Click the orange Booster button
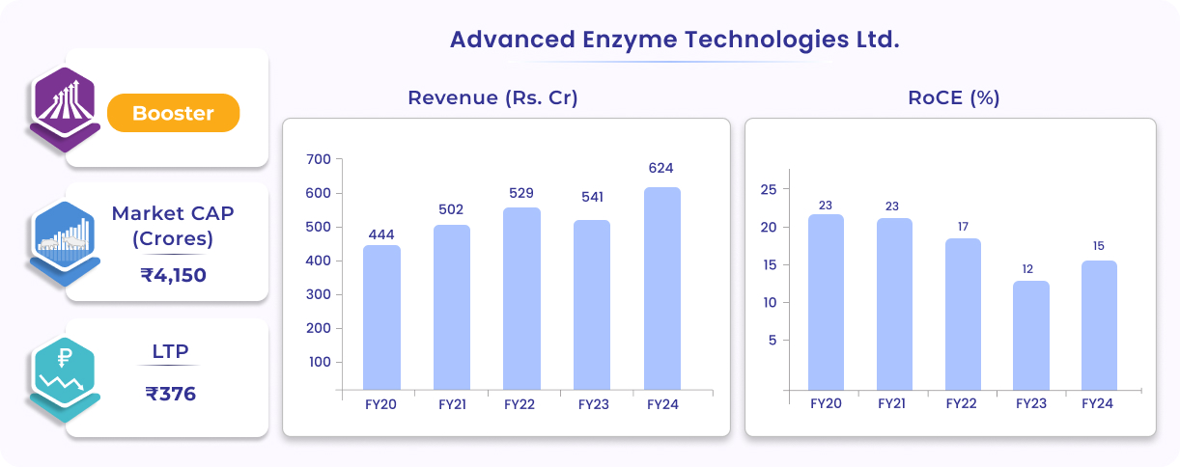tap(173, 113)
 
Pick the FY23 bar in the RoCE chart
tap(1030, 335)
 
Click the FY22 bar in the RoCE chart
tap(962, 314)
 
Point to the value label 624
tap(661, 169)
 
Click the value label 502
tap(451, 209)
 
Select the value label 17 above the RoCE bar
tap(962, 227)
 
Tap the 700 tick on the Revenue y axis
tap(318, 159)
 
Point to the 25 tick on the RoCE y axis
tap(769, 189)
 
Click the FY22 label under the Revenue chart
tap(520, 405)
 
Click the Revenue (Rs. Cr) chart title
tap(492, 97)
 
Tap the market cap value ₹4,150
tap(174, 275)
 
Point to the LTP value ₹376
tap(172, 393)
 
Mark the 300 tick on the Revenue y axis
tap(318, 294)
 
